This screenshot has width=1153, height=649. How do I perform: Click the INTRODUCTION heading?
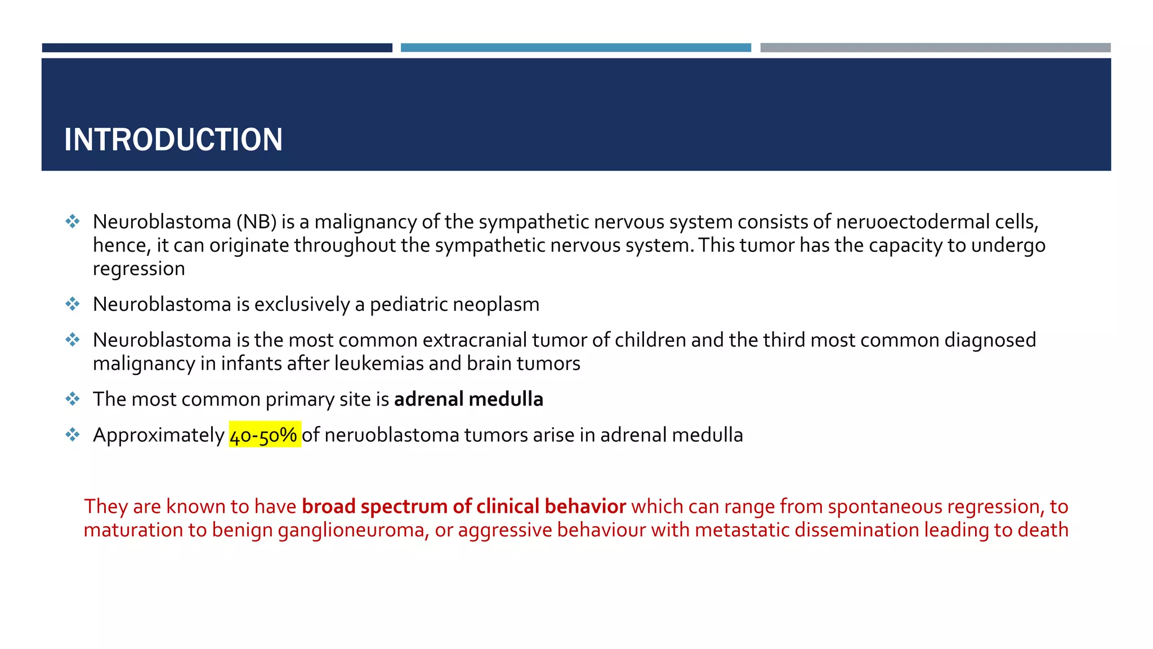pyautogui.click(x=173, y=140)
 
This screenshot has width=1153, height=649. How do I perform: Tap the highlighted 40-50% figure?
pyautogui.click(x=265, y=435)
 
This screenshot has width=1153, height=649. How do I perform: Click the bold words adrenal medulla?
pyautogui.click(x=468, y=399)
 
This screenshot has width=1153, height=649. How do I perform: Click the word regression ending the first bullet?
pyautogui.click(x=138, y=269)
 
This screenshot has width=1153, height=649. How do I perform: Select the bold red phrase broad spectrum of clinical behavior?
pyautogui.click(x=463, y=506)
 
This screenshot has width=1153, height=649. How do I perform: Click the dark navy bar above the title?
pyautogui.click(x=217, y=48)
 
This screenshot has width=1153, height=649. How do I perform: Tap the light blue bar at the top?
pyautogui.click(x=575, y=48)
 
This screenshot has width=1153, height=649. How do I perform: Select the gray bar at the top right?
pyautogui.click(x=935, y=48)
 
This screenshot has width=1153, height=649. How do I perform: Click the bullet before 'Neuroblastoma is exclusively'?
pyautogui.click(x=73, y=304)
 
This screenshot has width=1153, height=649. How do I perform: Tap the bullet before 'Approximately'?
pyautogui.click(x=73, y=435)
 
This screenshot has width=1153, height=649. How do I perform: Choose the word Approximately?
pyautogui.click(x=158, y=435)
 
